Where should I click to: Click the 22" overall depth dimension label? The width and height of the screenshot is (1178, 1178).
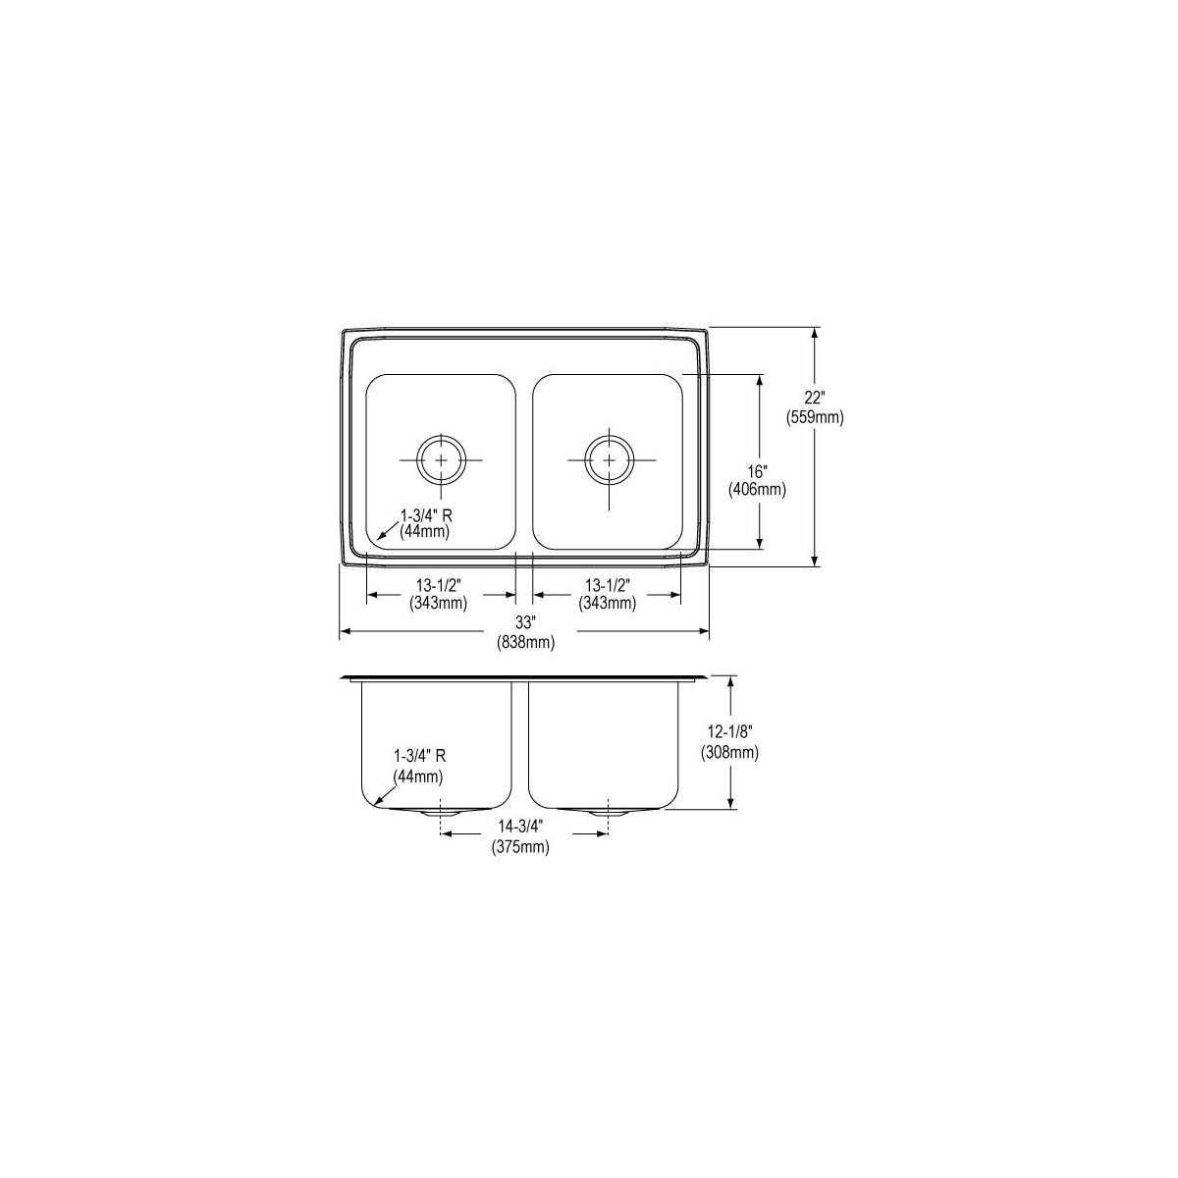point(814,398)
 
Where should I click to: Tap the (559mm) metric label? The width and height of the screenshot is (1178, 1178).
point(815,417)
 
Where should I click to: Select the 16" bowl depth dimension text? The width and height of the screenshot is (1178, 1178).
point(757,471)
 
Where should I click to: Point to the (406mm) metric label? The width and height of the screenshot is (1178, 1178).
point(757,490)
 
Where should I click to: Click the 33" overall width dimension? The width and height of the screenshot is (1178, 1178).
point(525,623)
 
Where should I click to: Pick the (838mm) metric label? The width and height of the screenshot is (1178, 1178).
point(526,642)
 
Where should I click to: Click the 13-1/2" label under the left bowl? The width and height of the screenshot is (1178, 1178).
point(438,585)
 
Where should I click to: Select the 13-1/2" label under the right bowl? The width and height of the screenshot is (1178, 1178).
point(607,585)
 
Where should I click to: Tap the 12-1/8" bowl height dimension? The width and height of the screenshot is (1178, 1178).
point(729,731)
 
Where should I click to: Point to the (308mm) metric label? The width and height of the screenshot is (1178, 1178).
point(729,753)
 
